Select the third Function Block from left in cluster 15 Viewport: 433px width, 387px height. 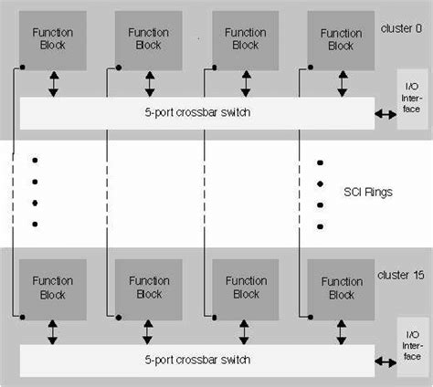pyautogui.click(x=245, y=288)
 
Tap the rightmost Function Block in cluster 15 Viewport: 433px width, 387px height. pyautogui.click(x=341, y=288)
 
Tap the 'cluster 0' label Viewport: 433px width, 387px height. pyautogui.click(x=399, y=29)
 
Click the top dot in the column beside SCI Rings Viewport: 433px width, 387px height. pyautogui.click(x=320, y=162)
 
